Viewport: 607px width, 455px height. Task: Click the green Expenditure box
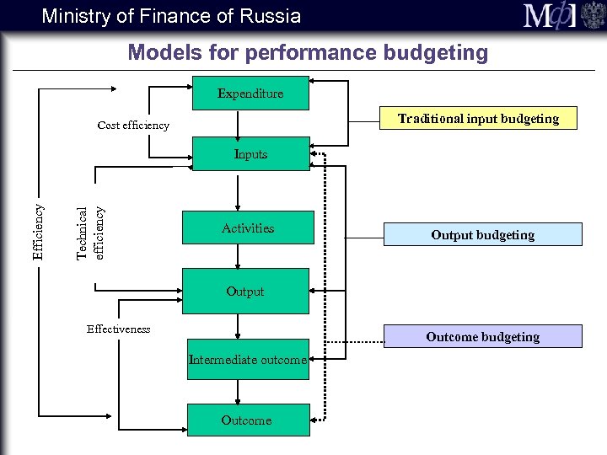point(250,94)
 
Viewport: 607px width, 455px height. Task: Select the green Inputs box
point(250,154)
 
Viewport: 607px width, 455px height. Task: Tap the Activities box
point(248,228)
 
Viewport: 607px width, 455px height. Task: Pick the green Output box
point(245,292)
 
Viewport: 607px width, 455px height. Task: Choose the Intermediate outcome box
point(247,360)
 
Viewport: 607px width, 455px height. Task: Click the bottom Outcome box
point(246,420)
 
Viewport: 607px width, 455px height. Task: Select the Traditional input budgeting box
point(479,119)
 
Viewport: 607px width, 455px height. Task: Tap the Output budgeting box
point(483,235)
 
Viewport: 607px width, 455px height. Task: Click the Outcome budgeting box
point(483,337)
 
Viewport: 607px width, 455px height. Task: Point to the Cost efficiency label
point(133,126)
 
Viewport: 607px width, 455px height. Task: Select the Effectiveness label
point(118,329)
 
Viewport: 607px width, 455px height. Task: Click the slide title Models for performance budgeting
point(308,53)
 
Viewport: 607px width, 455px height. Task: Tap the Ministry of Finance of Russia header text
point(171,15)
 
